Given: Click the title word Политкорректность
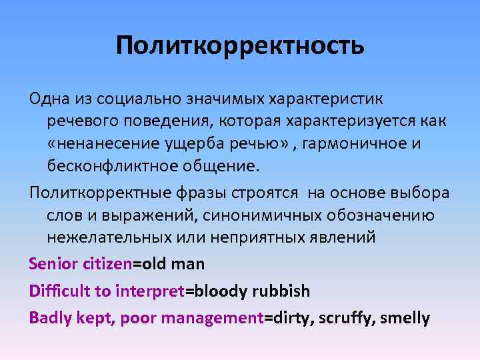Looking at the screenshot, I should [x=240, y=46].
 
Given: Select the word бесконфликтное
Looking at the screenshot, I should [x=106, y=165].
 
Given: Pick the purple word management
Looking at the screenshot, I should [x=213, y=319].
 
